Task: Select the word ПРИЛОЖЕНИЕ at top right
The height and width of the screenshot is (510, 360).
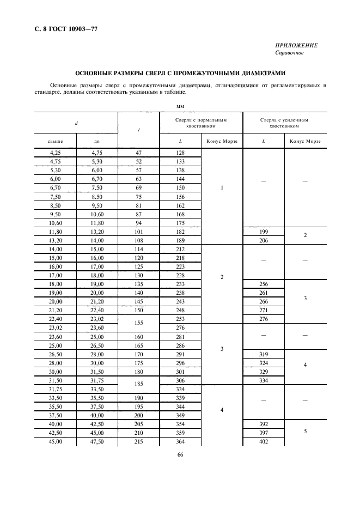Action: pos(296,46)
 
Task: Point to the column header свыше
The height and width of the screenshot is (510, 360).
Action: pos(56,141)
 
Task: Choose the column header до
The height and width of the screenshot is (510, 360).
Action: pos(97,141)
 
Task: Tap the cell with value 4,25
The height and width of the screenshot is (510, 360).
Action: pos(56,153)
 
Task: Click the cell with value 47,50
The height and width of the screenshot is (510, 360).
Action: pos(97,442)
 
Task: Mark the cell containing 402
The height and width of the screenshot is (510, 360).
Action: pos(264,442)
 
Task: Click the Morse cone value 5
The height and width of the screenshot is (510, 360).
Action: pos(305,431)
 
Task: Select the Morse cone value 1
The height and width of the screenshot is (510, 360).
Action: pos(222,188)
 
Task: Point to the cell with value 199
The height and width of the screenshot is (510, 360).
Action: pos(264,232)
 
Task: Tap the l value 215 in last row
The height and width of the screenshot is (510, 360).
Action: pos(138,442)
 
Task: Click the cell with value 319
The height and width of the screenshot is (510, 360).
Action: pos(264,354)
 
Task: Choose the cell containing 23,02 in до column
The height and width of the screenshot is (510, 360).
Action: pos(97,319)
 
